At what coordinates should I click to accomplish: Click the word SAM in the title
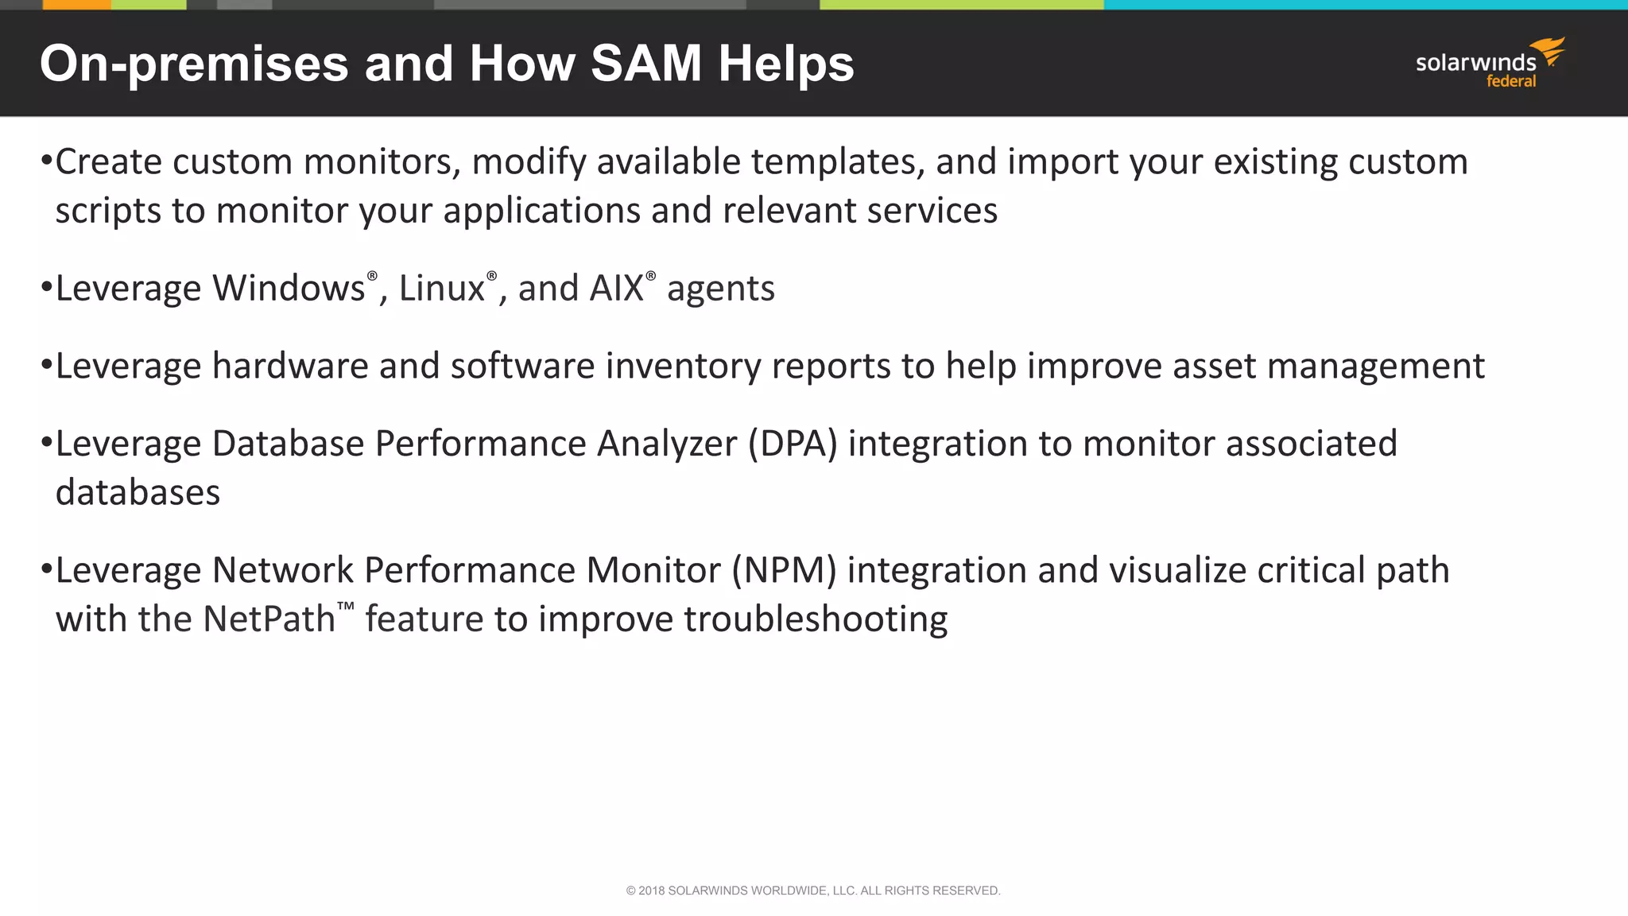pos(645,64)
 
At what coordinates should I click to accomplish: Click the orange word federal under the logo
pos(1511,81)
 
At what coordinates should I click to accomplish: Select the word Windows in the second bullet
pos(289,289)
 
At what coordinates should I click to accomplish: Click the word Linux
pos(441,289)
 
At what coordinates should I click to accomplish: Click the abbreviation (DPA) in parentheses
pos(793,444)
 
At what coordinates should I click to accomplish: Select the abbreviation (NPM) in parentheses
pos(784,571)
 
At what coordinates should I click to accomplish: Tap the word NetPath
pos(269,619)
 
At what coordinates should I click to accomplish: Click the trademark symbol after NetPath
pos(345,607)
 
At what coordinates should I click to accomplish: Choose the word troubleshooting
pos(816,619)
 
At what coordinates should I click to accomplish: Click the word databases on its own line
pos(138,493)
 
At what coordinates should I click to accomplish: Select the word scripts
pos(107,212)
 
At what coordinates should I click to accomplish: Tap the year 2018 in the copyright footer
pos(651,891)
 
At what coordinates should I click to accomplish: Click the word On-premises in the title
pos(194,64)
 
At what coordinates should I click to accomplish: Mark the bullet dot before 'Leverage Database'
pos(46,441)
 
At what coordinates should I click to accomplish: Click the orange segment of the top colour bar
pos(76,5)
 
